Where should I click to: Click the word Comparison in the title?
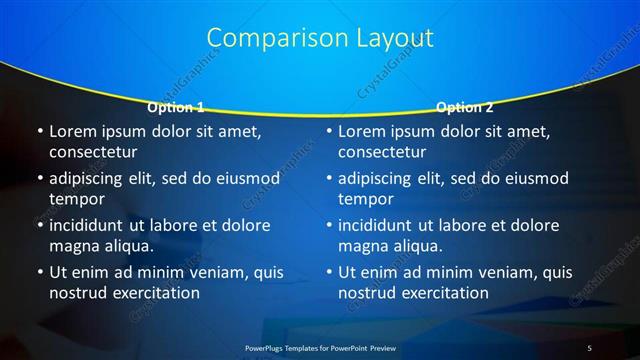tap(267, 38)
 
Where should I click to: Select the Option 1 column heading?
tap(176, 107)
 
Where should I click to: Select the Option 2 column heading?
tap(465, 107)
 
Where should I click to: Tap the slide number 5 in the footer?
tap(589, 346)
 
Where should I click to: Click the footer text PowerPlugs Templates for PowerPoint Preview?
tap(320, 346)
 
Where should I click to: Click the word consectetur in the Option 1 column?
tap(93, 152)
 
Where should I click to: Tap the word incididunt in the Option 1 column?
tap(93, 225)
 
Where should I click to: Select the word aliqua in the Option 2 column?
tap(414, 246)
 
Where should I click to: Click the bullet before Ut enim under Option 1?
tap(38, 272)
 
